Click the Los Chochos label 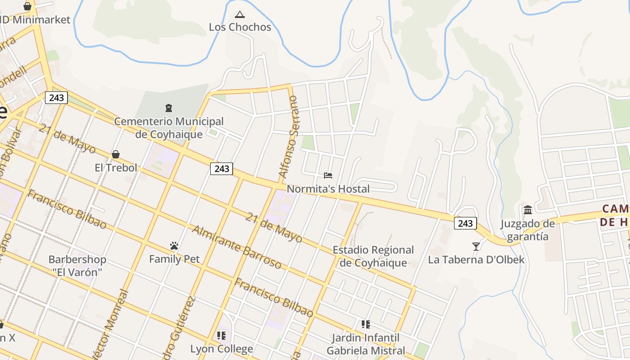240,27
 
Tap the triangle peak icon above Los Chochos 240,14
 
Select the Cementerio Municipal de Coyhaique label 168,128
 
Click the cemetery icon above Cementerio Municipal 169,108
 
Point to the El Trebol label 116,168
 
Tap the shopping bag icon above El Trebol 116,155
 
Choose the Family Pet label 174,259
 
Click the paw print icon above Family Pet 174,246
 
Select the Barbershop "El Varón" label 77,266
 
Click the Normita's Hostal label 328,189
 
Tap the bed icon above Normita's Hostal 328,175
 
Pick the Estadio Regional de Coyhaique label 373,256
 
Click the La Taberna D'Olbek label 476,260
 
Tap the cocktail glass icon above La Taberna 476,246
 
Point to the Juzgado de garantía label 528,230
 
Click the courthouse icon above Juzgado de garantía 528,210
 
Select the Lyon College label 221,349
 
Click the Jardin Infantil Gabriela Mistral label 366,344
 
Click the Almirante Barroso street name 237,247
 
